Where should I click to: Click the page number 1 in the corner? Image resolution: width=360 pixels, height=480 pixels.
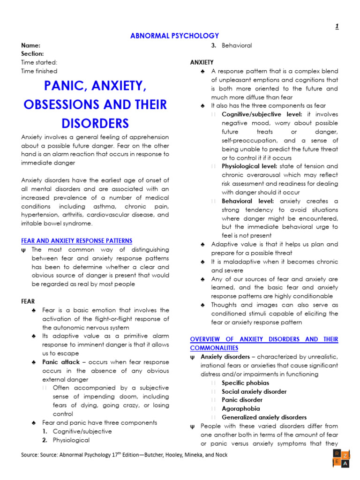pos(337,26)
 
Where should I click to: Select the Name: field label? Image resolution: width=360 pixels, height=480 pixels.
pos(30,45)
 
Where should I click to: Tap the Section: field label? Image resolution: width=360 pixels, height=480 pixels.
pos(32,54)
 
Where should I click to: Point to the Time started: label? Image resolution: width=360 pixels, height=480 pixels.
pos(39,62)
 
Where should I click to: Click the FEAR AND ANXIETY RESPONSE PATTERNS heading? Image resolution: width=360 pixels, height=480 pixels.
pos(77,241)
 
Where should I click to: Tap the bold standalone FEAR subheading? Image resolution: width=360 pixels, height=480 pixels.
pos(28,301)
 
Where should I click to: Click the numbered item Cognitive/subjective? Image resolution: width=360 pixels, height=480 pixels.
pos(82,431)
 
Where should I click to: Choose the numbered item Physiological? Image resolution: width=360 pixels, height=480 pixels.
pos(71,440)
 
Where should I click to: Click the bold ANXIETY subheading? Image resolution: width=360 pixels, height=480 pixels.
pos(202,62)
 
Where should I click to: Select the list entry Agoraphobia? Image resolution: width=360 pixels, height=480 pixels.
pos(241,409)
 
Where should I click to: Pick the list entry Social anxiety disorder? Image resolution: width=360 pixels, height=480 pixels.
pos(254,391)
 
